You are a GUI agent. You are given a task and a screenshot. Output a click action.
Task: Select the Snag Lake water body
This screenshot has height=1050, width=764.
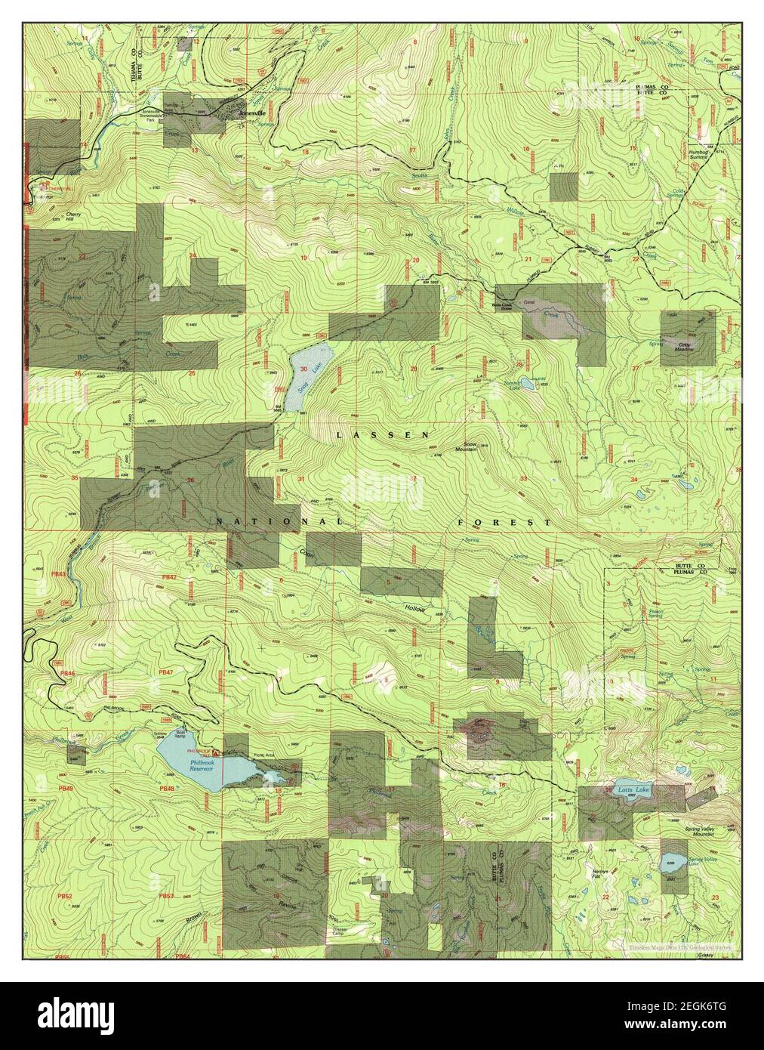tap(307, 370)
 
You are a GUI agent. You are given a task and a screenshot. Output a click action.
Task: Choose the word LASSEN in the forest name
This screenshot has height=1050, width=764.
tap(382, 435)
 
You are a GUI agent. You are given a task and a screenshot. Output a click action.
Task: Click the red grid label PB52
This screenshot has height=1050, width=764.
tap(66, 897)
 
